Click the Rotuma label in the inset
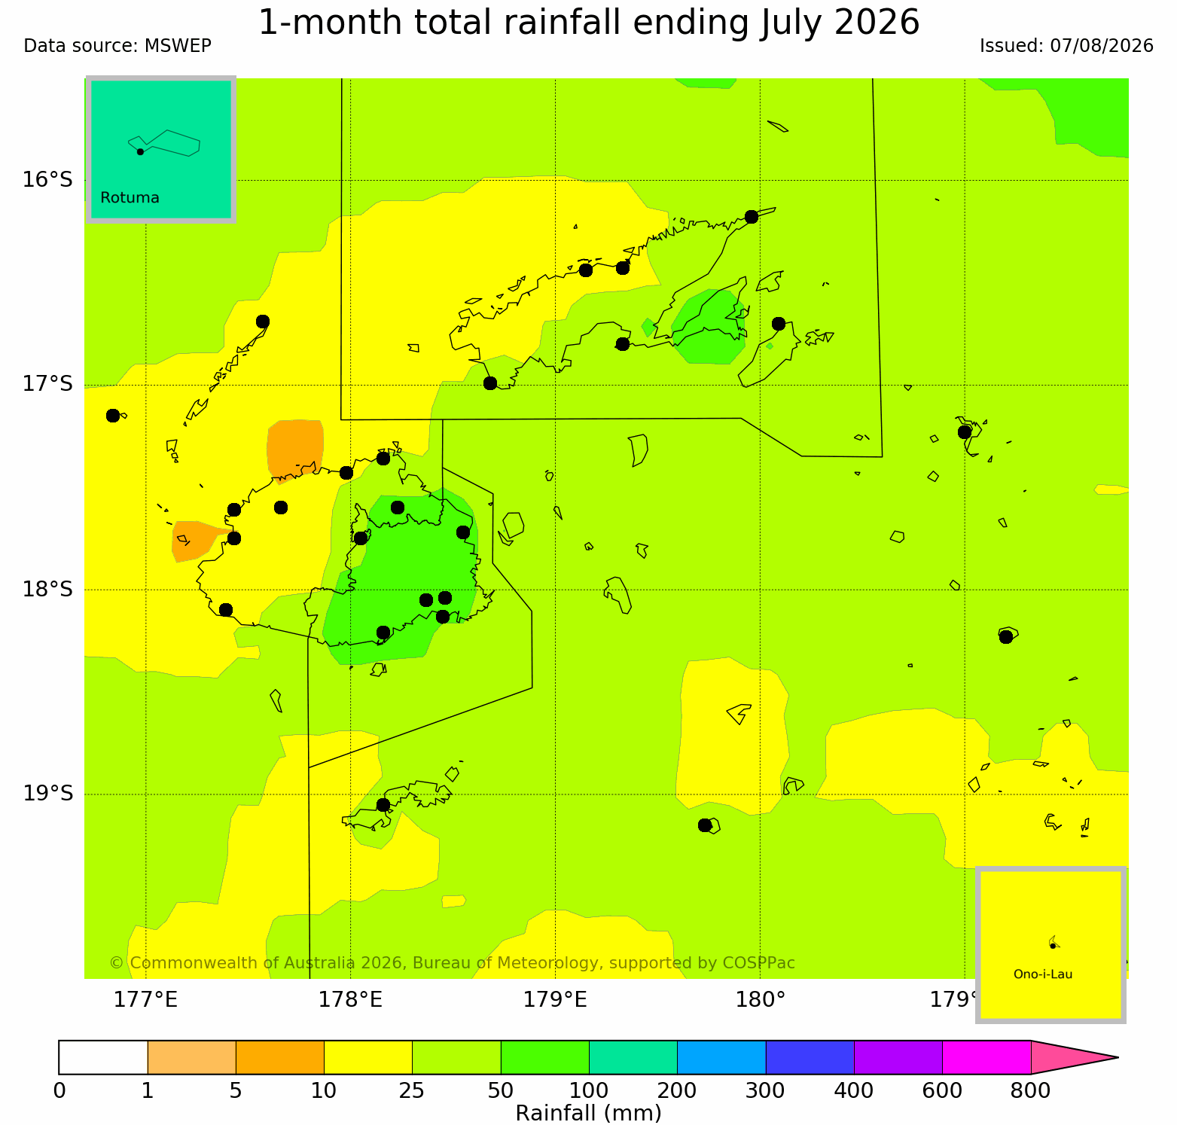tap(130, 198)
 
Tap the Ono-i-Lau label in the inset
tap(1043, 974)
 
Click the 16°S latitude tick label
tap(47, 180)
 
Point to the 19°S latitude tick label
tap(47, 794)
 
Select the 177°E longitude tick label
tap(145, 1000)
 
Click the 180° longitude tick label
tap(760, 1000)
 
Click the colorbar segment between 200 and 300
tap(721, 1057)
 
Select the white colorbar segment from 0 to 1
tap(103, 1057)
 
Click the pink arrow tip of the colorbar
tap(1118, 1057)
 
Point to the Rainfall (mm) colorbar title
tap(588, 1113)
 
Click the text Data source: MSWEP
tap(117, 46)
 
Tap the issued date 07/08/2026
tap(1102, 46)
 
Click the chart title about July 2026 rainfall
tap(589, 22)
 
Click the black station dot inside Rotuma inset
tap(140, 151)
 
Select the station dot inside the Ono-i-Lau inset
tap(1053, 946)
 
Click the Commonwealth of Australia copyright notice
tap(452, 963)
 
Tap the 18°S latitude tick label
tap(47, 589)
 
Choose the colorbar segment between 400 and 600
tap(898, 1057)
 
